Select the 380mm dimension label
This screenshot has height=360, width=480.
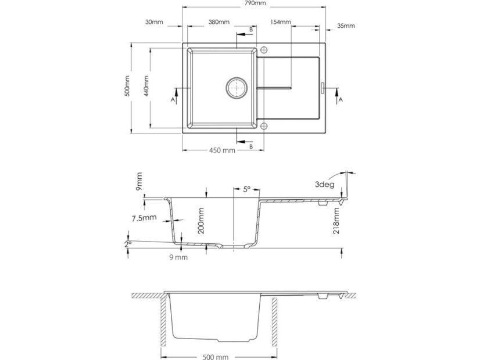pyautogui.click(x=218, y=23)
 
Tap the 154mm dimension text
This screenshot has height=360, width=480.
pyautogui.click(x=280, y=22)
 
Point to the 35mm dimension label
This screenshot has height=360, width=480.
pyautogui.click(x=346, y=26)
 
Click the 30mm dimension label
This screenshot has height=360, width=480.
pyautogui.click(x=155, y=23)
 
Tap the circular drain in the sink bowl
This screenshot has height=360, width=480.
pyautogui.click(x=237, y=88)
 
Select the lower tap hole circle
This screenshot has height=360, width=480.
pyautogui.click(x=264, y=125)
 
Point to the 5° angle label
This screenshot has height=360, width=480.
pyautogui.click(x=246, y=189)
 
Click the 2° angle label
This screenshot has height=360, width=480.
pyautogui.click(x=128, y=244)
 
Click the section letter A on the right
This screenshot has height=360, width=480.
pyautogui.click(x=341, y=99)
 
